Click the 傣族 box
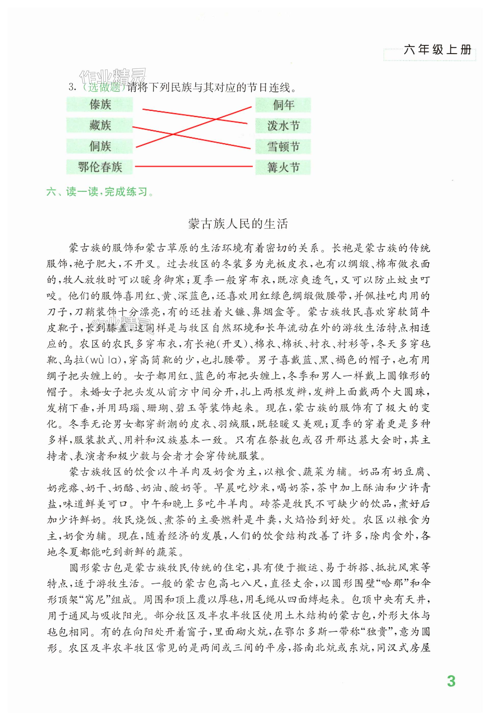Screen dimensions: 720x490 (100, 104)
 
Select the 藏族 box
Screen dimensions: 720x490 (100, 126)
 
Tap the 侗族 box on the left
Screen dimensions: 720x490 (100, 146)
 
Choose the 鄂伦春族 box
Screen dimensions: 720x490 (100, 167)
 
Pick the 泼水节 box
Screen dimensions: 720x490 (283, 126)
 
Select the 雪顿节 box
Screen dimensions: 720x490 (283, 146)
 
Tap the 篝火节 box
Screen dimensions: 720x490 (283, 167)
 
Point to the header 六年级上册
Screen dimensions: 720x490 (437, 50)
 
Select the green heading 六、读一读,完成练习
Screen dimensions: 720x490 (100, 192)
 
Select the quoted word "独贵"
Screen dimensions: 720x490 (377, 632)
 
